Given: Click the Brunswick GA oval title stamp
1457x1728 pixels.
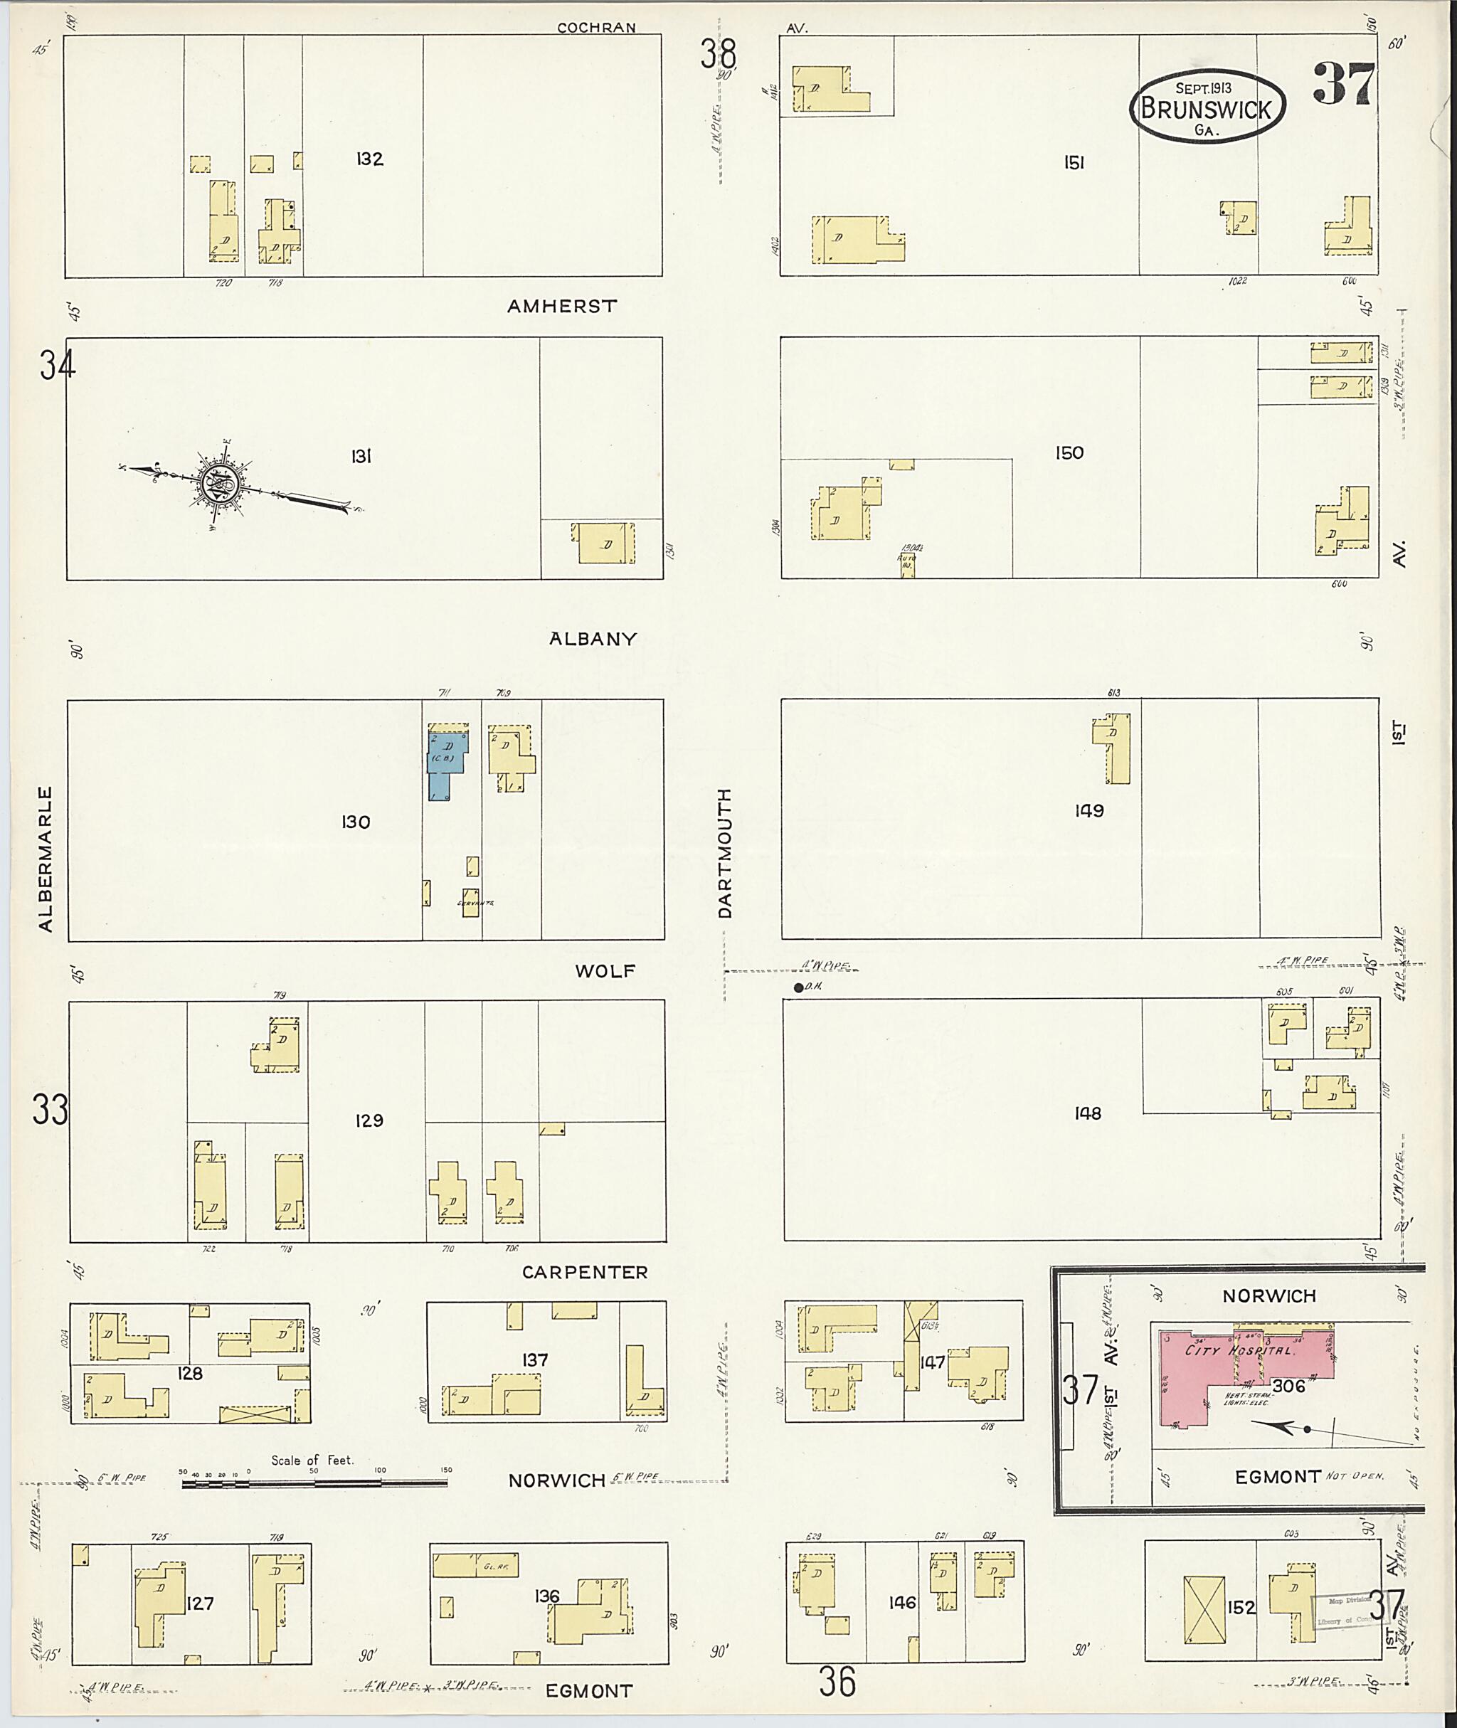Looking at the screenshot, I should click(1207, 107).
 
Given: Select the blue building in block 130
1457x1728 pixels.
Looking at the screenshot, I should click(445, 760).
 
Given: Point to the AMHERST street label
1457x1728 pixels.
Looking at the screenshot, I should click(561, 307).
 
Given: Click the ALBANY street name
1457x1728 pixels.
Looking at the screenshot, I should click(593, 639).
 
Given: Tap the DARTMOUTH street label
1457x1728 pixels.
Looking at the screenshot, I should click(724, 852).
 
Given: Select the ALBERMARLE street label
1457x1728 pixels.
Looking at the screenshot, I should click(46, 859).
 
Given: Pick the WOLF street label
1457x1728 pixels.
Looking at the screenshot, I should click(605, 970).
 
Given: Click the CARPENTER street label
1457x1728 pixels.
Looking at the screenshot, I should click(585, 1273).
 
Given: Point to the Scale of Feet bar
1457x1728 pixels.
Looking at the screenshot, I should click(314, 1483).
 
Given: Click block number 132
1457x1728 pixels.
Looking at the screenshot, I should click(369, 159).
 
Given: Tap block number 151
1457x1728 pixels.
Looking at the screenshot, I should click(1073, 164).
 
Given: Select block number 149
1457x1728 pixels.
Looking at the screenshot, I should click(1088, 811).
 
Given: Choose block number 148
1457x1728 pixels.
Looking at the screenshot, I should click(1088, 1113).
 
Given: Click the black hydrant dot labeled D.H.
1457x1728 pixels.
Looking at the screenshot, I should click(798, 987).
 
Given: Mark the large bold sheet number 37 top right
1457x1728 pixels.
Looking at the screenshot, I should click(1344, 84).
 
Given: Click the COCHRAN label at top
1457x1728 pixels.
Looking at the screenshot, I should click(596, 27).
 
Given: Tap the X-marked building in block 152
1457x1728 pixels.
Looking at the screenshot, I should click(1205, 1606).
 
